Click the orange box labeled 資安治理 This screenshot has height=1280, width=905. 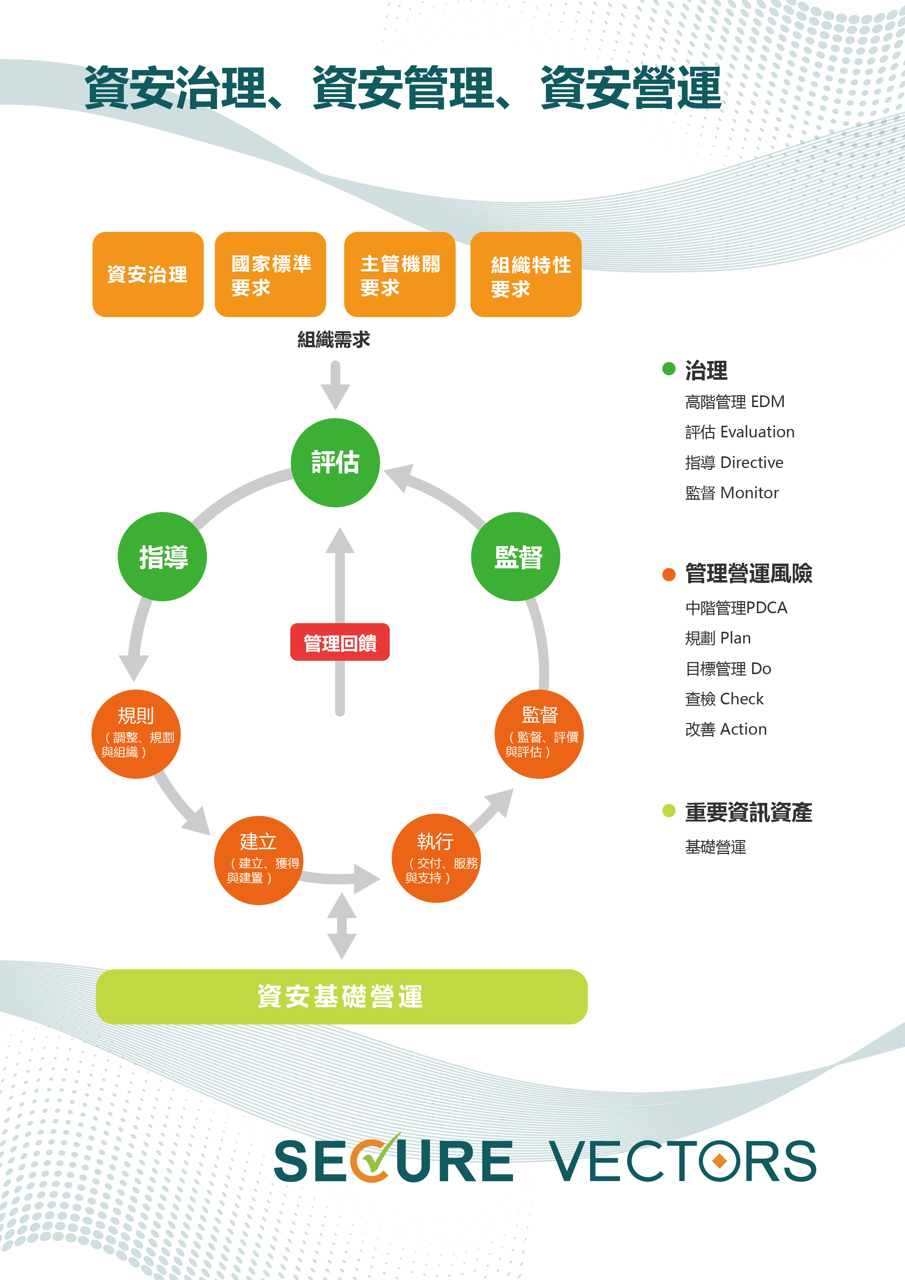point(148,274)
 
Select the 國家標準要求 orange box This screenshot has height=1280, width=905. point(270,274)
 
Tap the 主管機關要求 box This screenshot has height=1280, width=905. point(400,274)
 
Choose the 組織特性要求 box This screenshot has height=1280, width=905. point(526,274)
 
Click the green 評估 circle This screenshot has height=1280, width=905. point(335,462)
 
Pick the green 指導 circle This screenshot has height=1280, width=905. point(162,556)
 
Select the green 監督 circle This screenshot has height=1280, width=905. point(516,556)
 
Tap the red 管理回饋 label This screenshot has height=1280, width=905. point(340,642)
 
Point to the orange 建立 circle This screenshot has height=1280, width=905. point(259,860)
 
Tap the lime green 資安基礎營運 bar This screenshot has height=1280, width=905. point(342,996)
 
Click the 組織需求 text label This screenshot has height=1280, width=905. point(334,340)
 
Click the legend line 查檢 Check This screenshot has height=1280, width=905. point(724,699)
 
